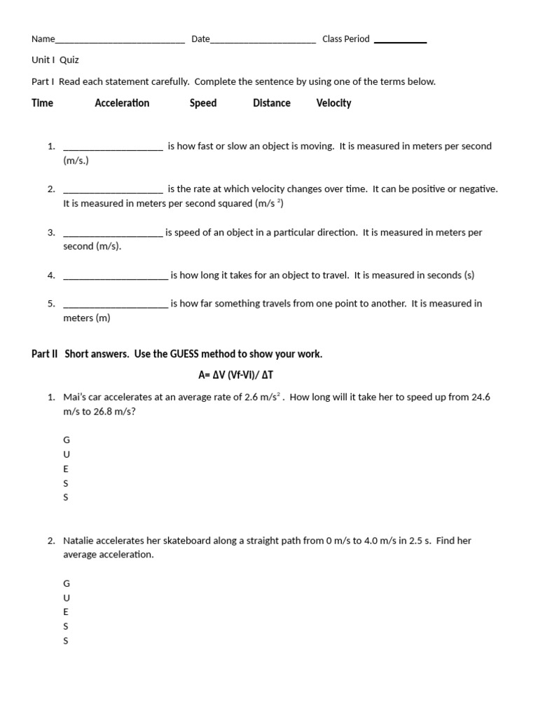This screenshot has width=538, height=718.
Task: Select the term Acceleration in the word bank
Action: [x=122, y=103]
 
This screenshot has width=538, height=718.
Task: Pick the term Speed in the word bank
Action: [x=203, y=103]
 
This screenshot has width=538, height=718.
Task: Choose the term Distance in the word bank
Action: [x=272, y=103]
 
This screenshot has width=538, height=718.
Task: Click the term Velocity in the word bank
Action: [x=333, y=103]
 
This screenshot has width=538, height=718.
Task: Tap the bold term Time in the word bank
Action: [x=42, y=103]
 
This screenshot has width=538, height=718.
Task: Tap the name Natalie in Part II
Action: [x=79, y=541]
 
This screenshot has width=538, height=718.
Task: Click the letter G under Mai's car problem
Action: [x=67, y=440]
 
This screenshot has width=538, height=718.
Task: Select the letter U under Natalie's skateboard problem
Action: [x=67, y=597]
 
